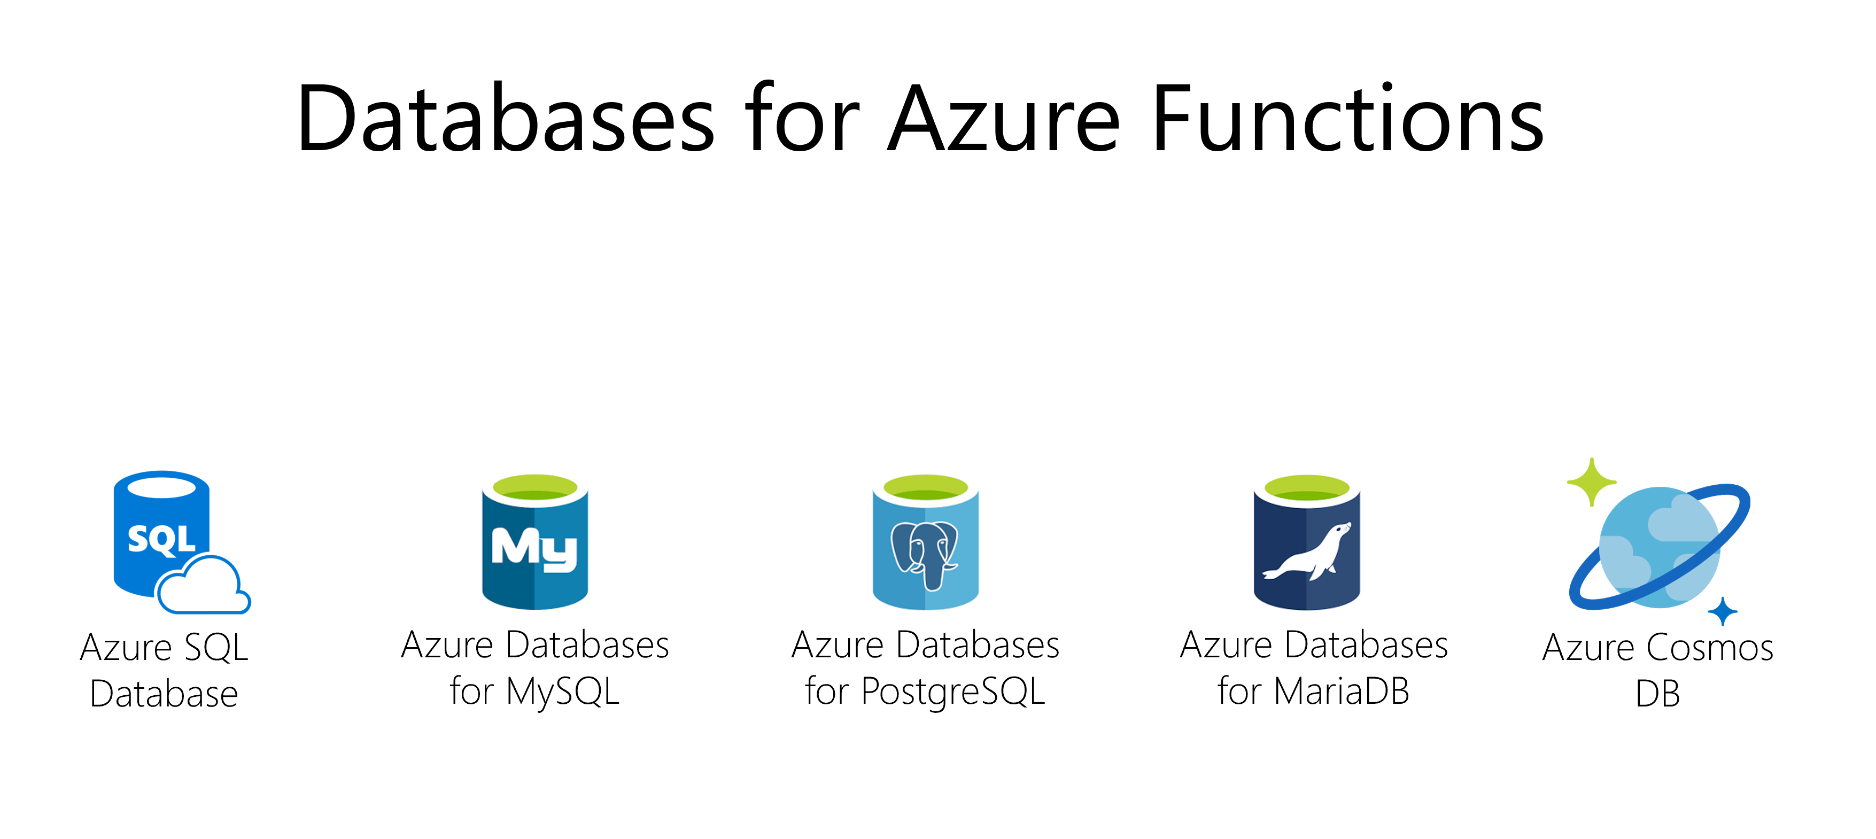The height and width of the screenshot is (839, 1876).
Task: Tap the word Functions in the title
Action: coord(1347,119)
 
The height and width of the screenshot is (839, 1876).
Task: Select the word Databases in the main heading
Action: coord(506,119)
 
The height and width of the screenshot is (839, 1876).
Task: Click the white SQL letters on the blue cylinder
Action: coord(161,540)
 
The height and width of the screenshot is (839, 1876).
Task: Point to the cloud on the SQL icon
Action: coord(203,586)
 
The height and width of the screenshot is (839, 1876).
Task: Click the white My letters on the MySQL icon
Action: coord(534,548)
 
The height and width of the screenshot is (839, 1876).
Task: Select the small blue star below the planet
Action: coord(1723,612)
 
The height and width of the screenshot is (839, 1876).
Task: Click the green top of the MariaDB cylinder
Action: coord(1307,486)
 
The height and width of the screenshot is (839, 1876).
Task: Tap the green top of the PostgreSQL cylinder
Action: coord(926,486)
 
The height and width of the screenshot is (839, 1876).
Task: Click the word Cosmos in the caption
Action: coord(1709,648)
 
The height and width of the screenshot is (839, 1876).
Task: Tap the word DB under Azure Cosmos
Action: coord(1657,694)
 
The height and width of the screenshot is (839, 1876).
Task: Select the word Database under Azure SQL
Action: coord(164,694)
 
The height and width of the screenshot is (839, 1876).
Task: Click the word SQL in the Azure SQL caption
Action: coord(216,648)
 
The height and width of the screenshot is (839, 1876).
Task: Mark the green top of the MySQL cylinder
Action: coord(535,486)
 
